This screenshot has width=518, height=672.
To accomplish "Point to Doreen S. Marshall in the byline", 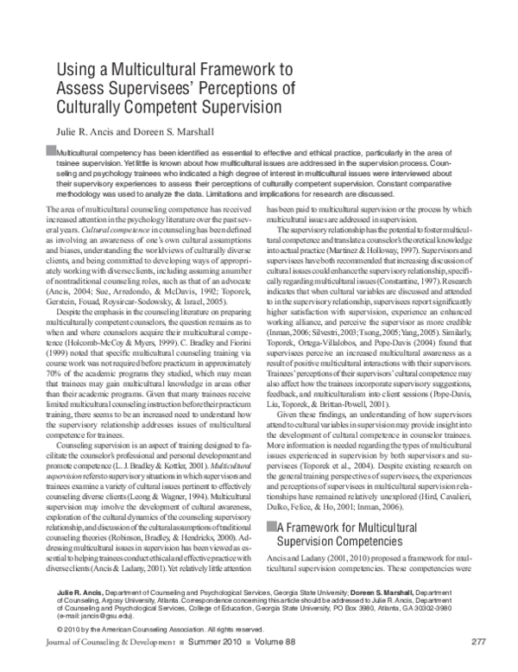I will point(176,131).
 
